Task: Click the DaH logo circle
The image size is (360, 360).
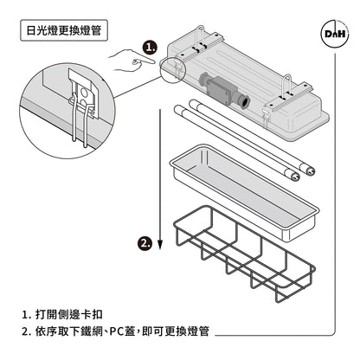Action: [335, 34]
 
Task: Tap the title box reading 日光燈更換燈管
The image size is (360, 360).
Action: [64, 30]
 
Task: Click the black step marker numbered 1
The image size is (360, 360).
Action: [151, 47]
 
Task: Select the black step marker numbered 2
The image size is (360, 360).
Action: [145, 243]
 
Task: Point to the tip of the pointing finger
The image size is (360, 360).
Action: [155, 61]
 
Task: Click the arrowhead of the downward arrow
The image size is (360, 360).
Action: [160, 245]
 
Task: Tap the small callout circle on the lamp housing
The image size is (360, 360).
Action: [172, 69]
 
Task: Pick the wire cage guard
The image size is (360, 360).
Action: [244, 254]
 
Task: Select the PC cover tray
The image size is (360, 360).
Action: [244, 193]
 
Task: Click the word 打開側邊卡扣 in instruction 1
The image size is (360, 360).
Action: [69, 314]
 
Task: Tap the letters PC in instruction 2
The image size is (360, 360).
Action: [117, 331]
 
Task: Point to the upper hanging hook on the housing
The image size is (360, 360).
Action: [200, 37]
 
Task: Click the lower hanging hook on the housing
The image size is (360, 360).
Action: [287, 86]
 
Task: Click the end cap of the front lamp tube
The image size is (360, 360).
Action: [293, 175]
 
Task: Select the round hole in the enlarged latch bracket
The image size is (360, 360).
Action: [85, 92]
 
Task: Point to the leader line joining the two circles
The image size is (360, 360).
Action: [138, 87]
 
